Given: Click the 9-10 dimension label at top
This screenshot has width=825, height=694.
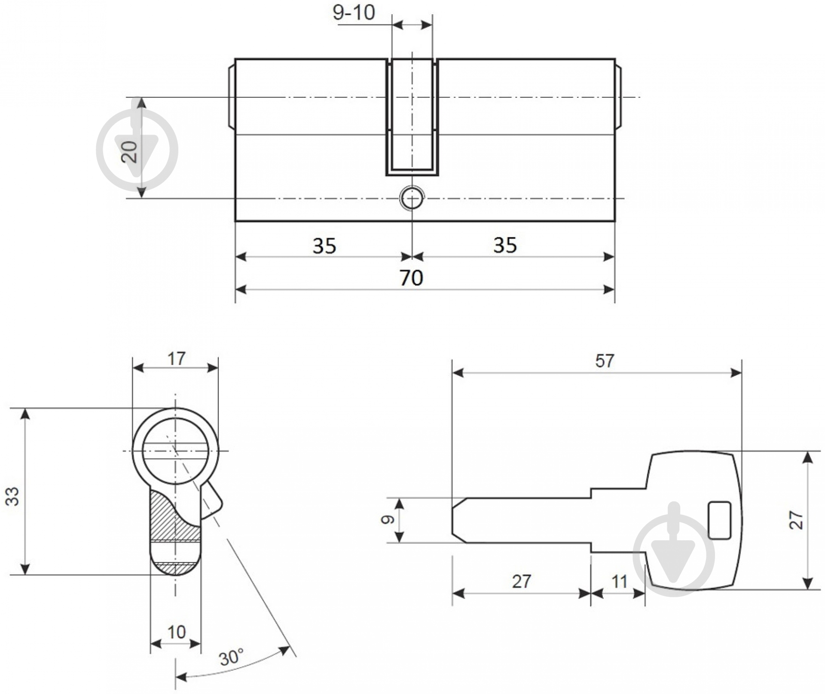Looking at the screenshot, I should tap(354, 13).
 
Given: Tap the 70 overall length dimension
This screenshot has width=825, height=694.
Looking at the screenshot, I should tap(412, 278).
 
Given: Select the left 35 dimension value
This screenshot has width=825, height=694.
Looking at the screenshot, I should tap(324, 246).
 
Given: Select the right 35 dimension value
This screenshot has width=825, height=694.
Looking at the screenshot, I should tap(505, 245).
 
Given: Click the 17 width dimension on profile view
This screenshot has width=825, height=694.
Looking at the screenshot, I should tap(176, 358).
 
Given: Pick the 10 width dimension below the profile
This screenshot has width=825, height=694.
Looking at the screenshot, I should tap(176, 632).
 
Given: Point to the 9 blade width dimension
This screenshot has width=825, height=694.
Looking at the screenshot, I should tap(388, 520).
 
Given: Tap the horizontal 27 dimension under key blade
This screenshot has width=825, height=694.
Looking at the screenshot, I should tap(521, 581).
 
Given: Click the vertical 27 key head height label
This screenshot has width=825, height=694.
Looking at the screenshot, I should tap(796, 520).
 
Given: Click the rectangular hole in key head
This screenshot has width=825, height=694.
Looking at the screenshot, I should tap(719, 520).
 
